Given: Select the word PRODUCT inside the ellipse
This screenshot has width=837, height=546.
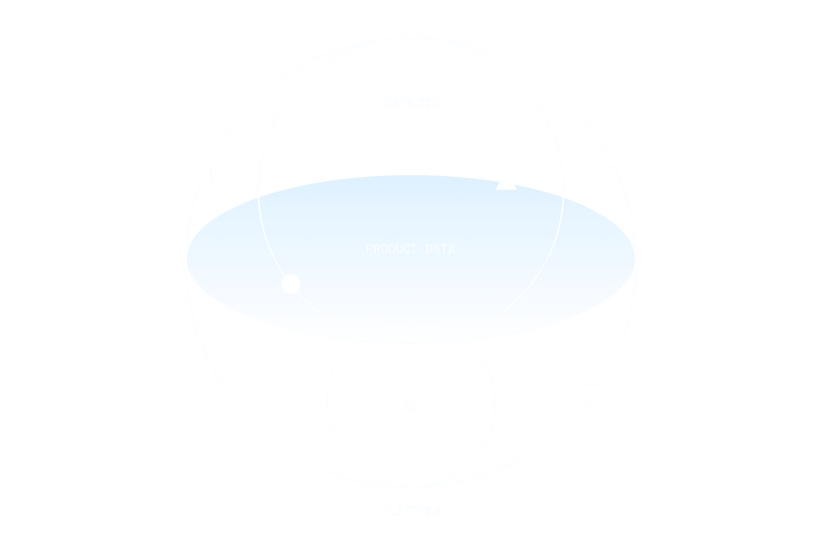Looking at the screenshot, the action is click(x=392, y=249).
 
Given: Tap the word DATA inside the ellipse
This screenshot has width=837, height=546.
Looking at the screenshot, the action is click(x=440, y=249).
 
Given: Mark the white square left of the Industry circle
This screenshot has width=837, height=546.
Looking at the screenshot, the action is click(x=203, y=175).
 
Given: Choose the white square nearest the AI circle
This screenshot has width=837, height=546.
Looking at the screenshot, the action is click(x=592, y=394).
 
